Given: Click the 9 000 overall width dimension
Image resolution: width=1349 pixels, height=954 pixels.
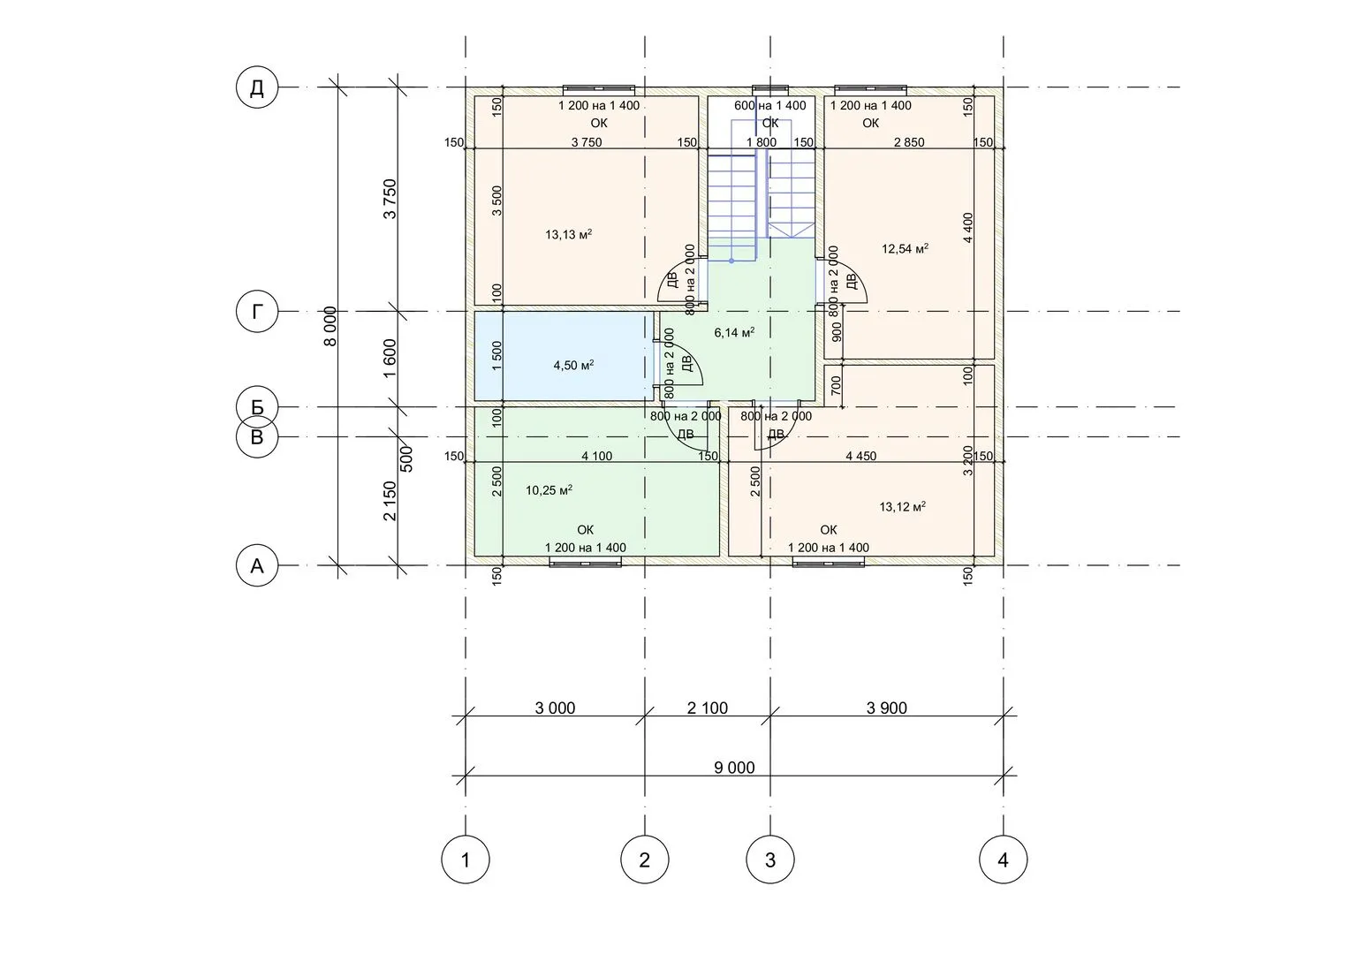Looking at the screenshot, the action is [734, 768].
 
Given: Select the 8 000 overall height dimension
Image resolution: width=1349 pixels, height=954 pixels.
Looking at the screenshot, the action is [330, 327].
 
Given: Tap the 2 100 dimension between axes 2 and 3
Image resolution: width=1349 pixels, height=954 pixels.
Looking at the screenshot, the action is [708, 708].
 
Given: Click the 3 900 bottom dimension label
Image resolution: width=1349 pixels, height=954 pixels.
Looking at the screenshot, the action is [886, 708].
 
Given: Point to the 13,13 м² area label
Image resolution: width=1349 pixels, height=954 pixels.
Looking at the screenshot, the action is [569, 234].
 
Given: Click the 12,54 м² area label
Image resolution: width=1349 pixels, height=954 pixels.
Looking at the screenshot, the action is [906, 248].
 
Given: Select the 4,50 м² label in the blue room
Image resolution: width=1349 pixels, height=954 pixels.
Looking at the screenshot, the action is [574, 365].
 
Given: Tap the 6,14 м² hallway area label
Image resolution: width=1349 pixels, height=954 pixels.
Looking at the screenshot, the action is [735, 332].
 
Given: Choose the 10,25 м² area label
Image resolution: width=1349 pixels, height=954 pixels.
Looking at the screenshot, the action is [549, 490].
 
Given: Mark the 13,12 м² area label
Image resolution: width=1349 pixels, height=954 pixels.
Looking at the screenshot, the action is [903, 506].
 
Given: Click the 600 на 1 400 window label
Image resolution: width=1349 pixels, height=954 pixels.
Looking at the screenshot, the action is [770, 105].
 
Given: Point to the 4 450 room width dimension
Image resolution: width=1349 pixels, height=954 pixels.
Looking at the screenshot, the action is [861, 456].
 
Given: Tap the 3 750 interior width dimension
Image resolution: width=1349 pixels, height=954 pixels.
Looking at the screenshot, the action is [587, 142].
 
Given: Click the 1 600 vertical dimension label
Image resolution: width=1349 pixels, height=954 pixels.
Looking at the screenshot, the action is [390, 359].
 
